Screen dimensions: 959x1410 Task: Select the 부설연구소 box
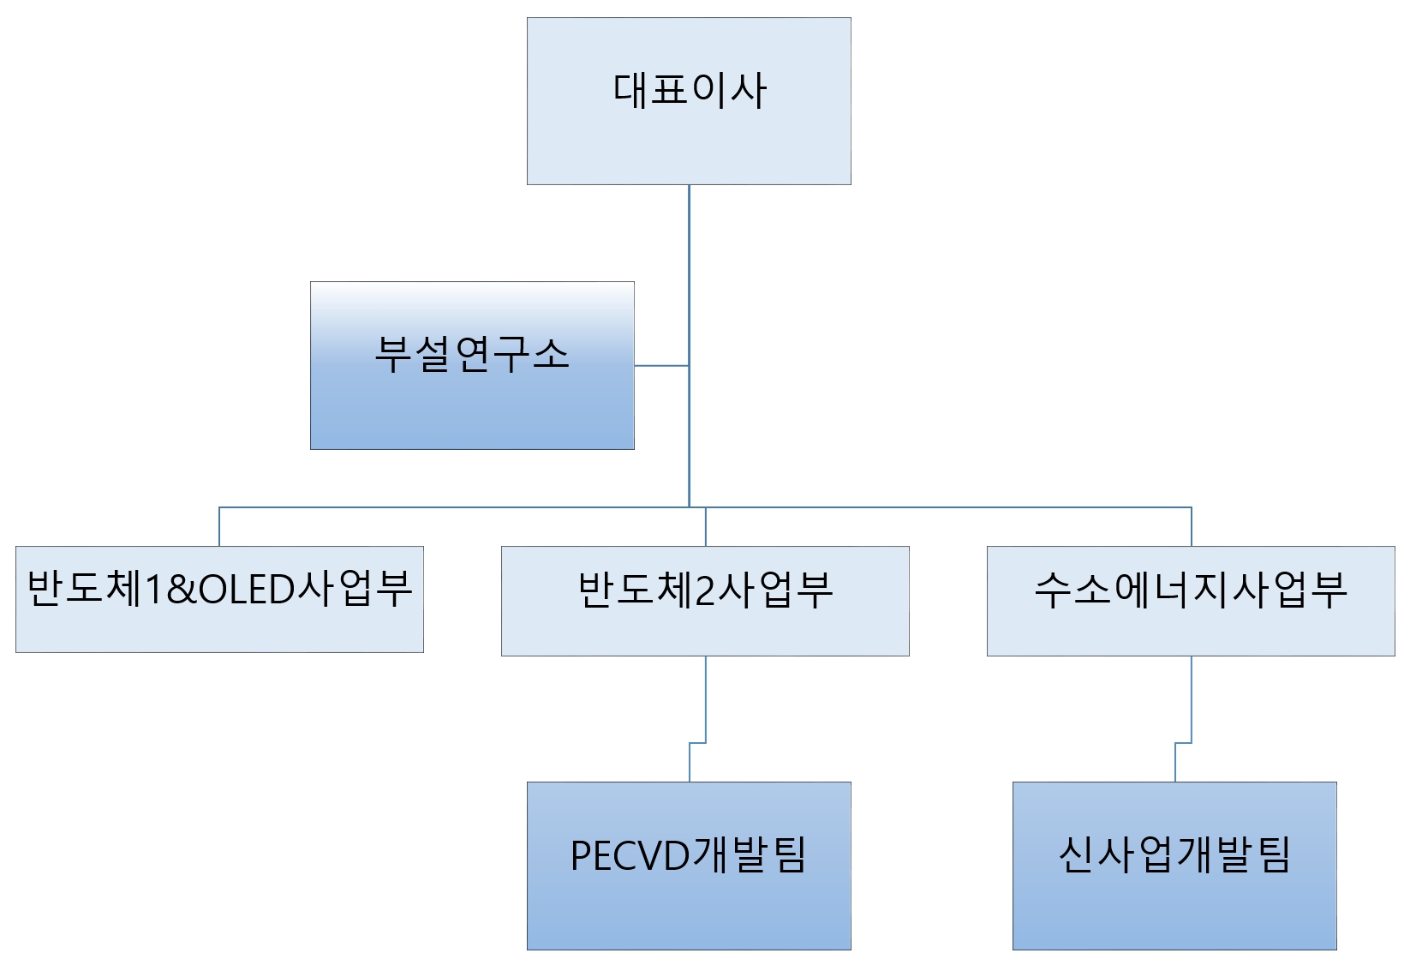point(472,403)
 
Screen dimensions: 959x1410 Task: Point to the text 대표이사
point(689,89)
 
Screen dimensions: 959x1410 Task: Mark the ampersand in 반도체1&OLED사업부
point(181,590)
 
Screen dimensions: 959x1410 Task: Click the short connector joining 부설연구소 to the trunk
point(661,366)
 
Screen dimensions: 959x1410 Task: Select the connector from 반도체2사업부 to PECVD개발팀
point(705,698)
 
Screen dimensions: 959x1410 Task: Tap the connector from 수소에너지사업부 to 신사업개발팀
point(1191,698)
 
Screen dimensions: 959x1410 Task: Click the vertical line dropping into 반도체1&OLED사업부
point(219,527)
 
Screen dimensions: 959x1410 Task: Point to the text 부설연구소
point(472,354)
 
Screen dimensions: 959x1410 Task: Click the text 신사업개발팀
point(1174,854)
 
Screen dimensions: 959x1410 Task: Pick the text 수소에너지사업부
point(1191,590)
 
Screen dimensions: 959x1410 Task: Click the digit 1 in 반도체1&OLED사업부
point(154,590)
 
